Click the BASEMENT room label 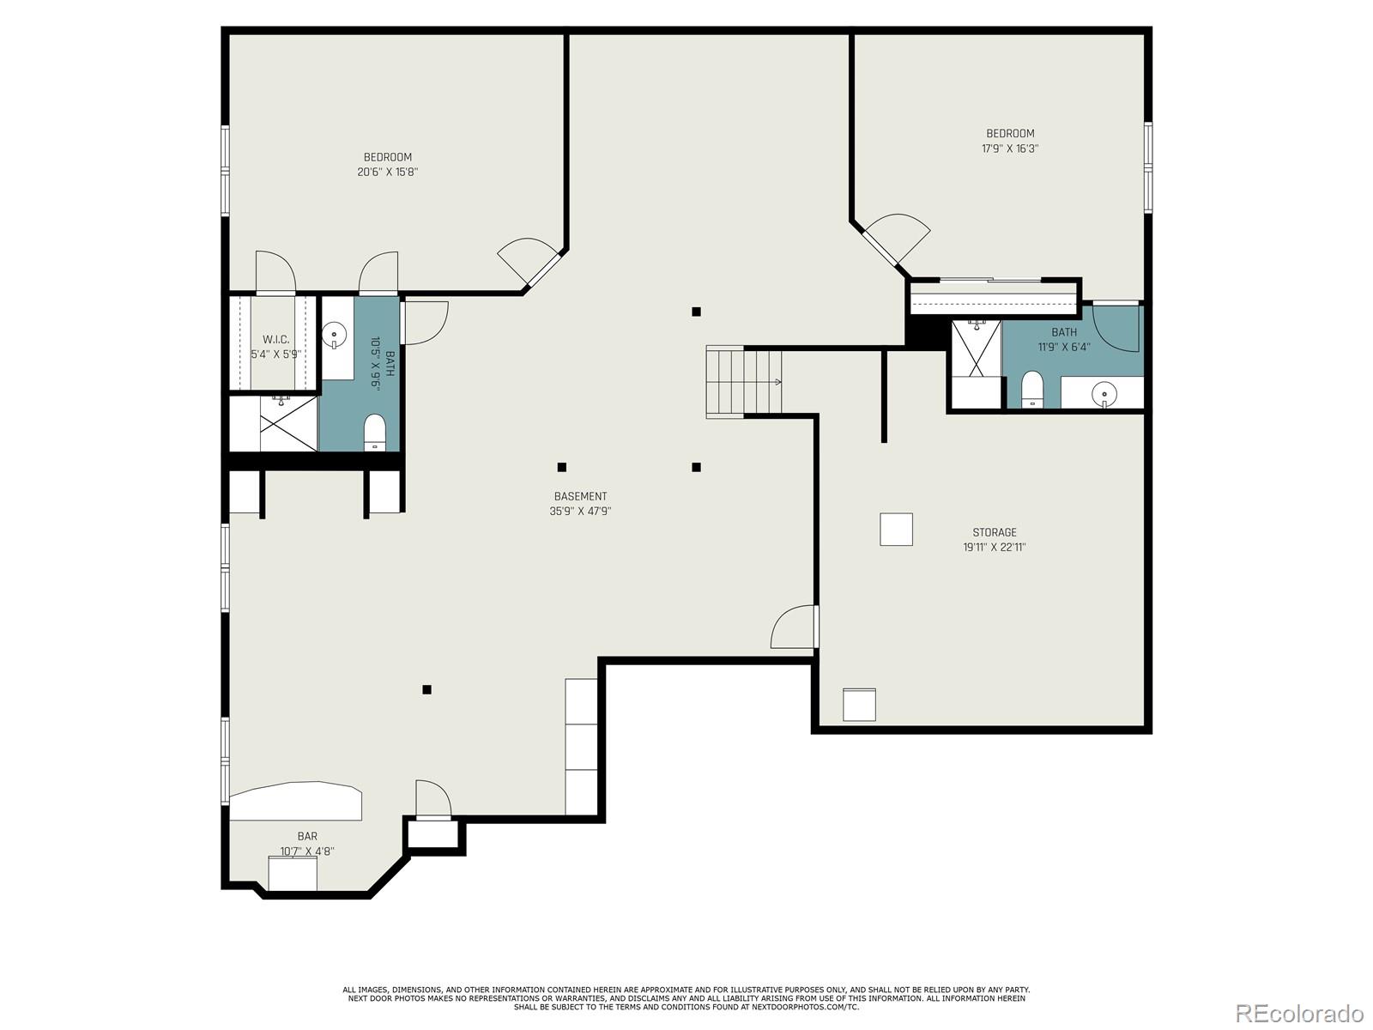580,496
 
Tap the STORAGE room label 994,532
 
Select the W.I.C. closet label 275,340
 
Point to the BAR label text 307,836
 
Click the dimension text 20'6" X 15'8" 388,172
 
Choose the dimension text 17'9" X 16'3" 1010,148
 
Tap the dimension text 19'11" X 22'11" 994,548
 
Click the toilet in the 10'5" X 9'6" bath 375,432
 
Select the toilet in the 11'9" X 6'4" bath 1032,390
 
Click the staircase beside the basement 744,381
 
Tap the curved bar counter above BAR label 296,801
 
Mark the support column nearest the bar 426,690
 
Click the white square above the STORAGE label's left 896,529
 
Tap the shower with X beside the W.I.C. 288,423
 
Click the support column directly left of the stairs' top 696,312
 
